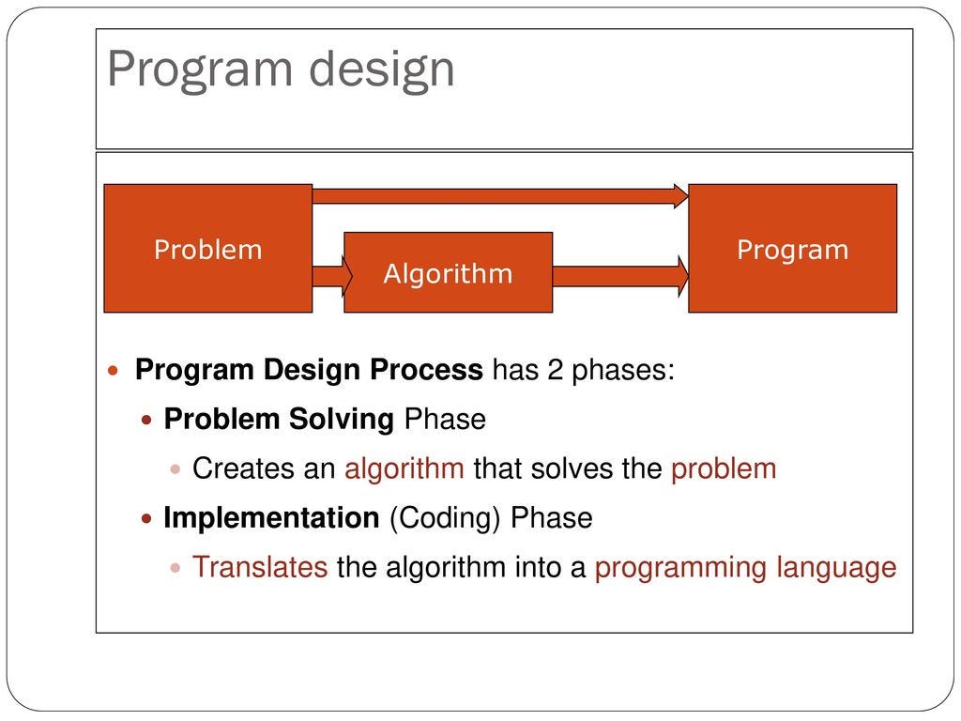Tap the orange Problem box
coord(208,248)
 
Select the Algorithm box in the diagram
coord(448,272)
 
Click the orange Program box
coord(792,248)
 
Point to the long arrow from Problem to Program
coord(500,196)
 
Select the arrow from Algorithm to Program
coord(620,276)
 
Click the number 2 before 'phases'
coord(555,370)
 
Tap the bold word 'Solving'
coord(341,421)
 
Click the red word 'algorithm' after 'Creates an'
coord(404,469)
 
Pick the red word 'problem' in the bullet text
coord(724,470)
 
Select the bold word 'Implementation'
coord(271,518)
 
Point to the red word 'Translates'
coord(260,567)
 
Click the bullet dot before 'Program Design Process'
coord(113,370)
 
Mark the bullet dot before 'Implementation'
coord(145,519)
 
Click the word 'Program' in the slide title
coord(199,70)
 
